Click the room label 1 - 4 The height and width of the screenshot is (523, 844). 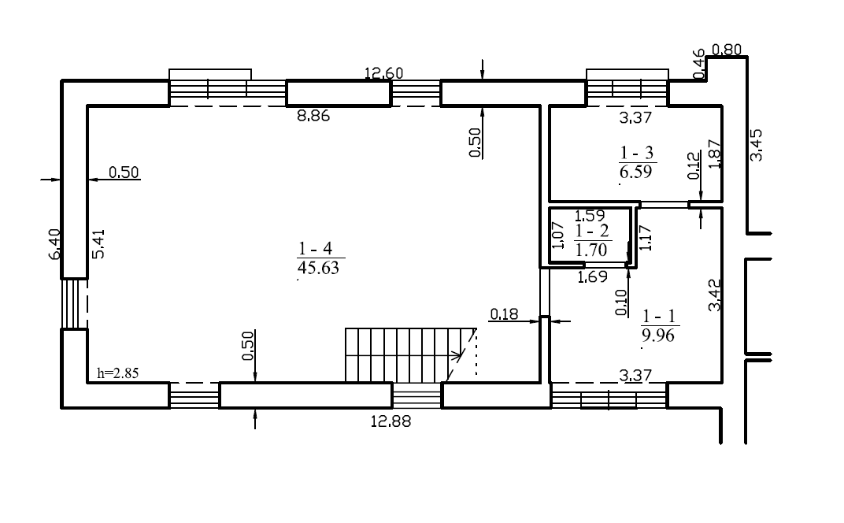pos(316,248)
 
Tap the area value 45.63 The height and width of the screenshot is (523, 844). pos(318,268)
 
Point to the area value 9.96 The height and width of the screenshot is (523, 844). pos(657,336)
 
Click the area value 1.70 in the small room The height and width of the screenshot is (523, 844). pos(591,250)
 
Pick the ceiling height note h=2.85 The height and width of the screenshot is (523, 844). pos(118,373)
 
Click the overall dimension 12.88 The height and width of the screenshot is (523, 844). pos(391,421)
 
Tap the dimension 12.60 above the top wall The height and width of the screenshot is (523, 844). pos(383,72)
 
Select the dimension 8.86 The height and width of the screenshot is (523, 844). pos(313,116)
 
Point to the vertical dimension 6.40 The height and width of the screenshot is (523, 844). pos(55,244)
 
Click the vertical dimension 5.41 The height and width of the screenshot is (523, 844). pos(98,244)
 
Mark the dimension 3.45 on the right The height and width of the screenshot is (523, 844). pos(757,144)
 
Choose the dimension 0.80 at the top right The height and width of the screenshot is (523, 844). pos(727,50)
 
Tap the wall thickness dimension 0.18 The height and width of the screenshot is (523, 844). pos(504,314)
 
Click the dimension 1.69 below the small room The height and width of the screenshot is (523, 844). pos(592,277)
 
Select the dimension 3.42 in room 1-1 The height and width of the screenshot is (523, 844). pos(715,295)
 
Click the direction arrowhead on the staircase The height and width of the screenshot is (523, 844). pos(457,354)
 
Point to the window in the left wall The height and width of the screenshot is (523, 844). pos(74,303)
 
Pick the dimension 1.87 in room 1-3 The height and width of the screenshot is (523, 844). pos(715,154)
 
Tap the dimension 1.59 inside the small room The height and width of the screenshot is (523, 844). pos(590,216)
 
